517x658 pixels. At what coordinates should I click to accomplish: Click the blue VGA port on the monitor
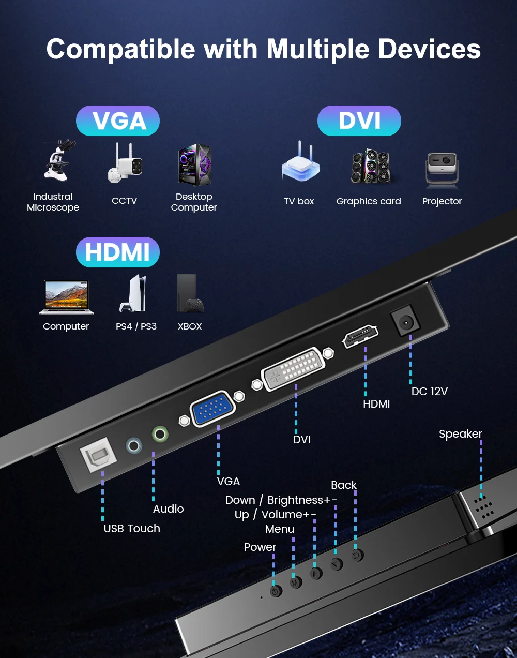point(212,409)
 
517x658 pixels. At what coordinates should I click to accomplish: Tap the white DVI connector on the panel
point(293,369)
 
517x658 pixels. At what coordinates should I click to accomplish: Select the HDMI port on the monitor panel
point(360,336)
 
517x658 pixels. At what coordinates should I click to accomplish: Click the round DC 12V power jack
point(405,322)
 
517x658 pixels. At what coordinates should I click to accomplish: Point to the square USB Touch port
point(98,455)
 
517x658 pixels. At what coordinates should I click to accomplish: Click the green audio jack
point(160,433)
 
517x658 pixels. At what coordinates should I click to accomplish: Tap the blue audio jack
point(134,445)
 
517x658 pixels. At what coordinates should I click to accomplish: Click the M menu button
point(296,582)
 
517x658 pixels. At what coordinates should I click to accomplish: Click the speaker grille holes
point(483,508)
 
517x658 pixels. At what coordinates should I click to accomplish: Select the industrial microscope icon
point(58,160)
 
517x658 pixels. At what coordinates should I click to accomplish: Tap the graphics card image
point(370,167)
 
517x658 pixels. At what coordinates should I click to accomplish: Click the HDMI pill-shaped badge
point(118,252)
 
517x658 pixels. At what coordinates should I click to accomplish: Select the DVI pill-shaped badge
point(359,121)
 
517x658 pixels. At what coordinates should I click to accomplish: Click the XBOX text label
point(190,326)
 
